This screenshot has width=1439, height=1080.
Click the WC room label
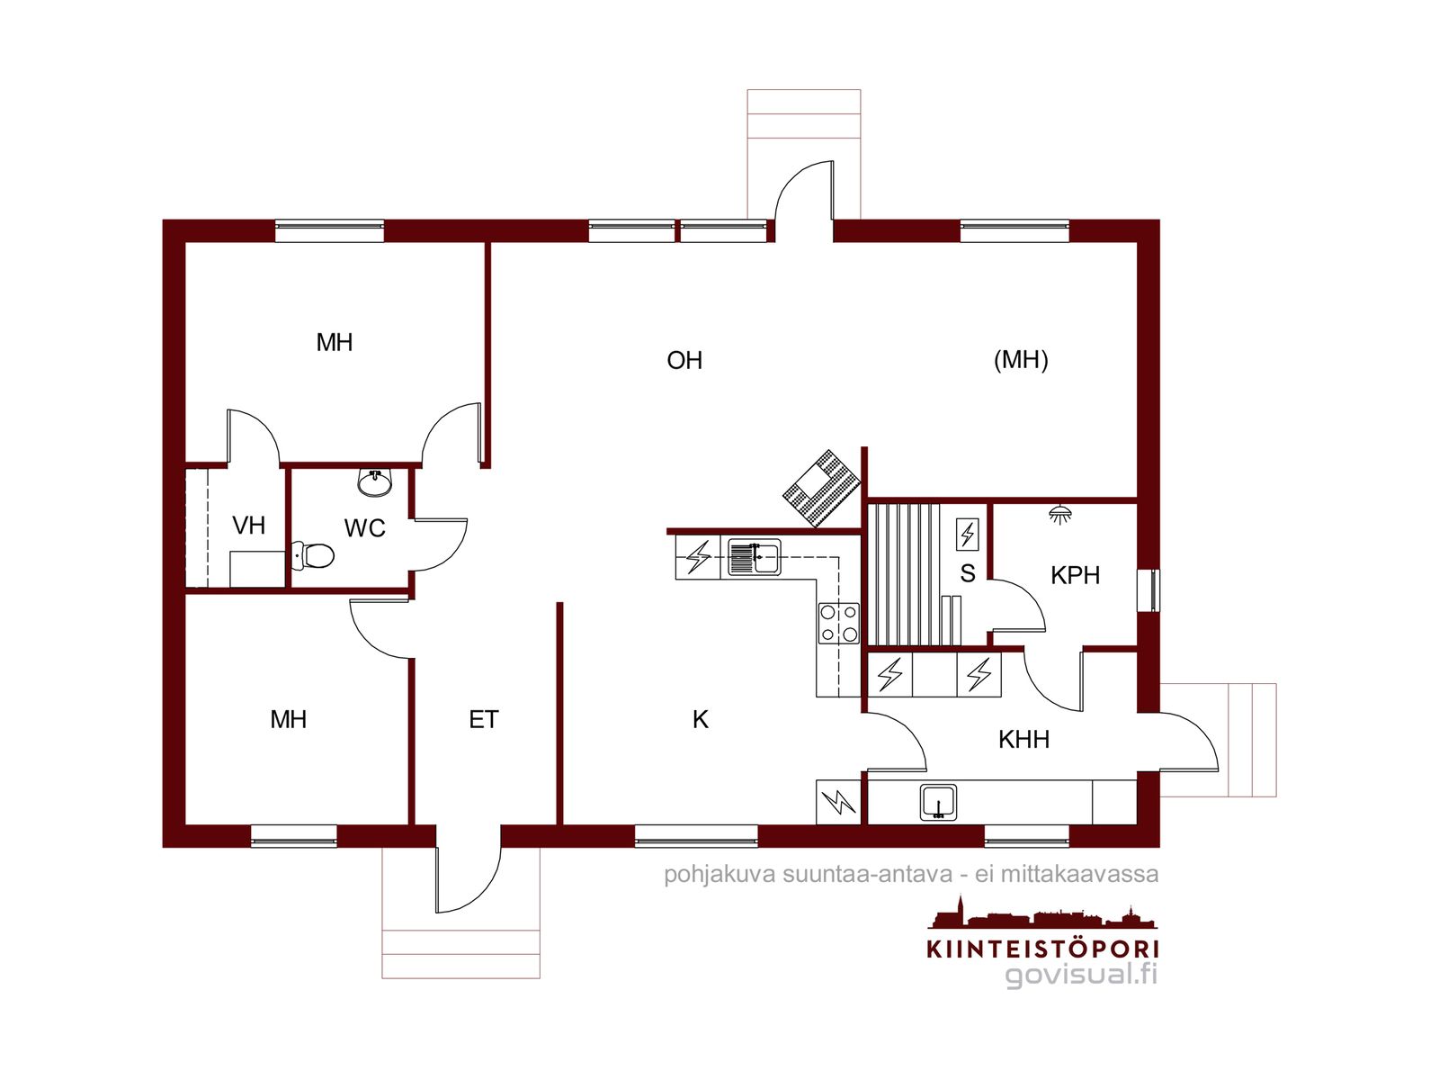[x=364, y=528]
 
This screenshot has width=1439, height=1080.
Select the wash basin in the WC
[x=375, y=482]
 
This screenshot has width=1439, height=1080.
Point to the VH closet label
[x=248, y=525]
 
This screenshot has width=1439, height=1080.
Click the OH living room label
[x=684, y=360]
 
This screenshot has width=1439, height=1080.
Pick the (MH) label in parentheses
[x=1021, y=359]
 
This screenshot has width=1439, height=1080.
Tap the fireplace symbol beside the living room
[x=822, y=489]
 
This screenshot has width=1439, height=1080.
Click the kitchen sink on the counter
[x=754, y=558]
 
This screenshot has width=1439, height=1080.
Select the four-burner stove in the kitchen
[x=838, y=622]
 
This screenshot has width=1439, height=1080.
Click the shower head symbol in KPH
[x=1060, y=514]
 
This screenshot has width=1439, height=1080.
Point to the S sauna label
[x=968, y=573]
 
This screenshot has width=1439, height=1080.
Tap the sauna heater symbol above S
[x=968, y=534]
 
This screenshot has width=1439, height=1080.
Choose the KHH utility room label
[x=1023, y=739]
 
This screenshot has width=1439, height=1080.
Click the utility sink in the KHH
[x=938, y=802]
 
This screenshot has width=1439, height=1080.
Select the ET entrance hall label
[x=484, y=719]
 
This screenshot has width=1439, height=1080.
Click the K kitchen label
[x=700, y=719]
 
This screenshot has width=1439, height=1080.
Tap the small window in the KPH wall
[x=1148, y=589]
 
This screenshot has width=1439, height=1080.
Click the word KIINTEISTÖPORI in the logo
[x=1042, y=949]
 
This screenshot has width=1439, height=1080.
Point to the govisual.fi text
[x=1081, y=975]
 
